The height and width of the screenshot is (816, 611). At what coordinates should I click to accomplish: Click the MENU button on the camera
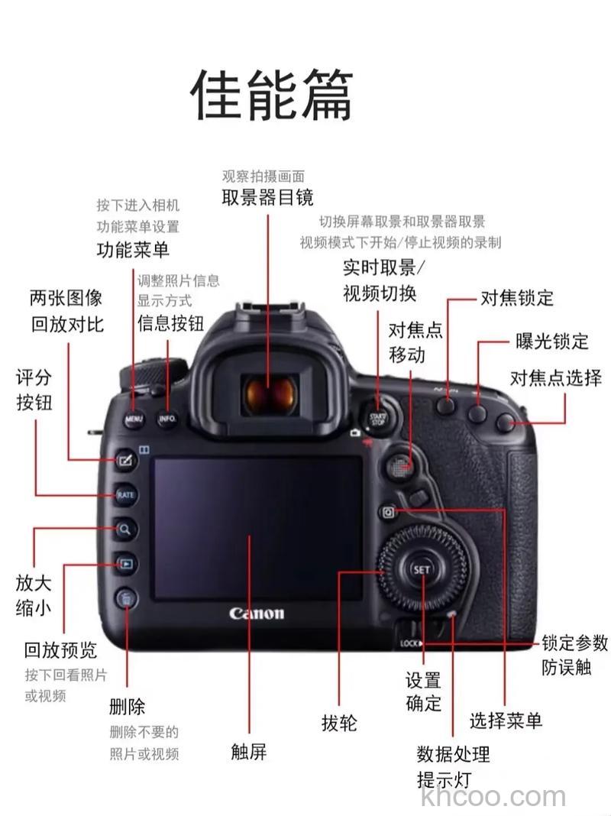[x=134, y=419]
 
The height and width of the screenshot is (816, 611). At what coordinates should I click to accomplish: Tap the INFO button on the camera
[x=166, y=419]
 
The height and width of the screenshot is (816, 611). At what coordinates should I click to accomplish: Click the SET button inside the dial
[x=422, y=570]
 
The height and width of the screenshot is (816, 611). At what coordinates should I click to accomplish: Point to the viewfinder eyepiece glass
[x=269, y=394]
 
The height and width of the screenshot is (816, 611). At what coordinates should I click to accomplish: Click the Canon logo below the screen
[x=257, y=614]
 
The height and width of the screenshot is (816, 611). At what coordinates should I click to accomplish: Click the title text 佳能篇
[x=272, y=96]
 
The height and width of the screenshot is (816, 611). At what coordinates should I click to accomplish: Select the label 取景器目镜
[x=267, y=197]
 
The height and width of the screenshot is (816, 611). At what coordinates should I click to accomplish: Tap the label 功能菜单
[x=133, y=249]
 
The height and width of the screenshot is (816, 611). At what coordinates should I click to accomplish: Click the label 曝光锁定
[x=552, y=341]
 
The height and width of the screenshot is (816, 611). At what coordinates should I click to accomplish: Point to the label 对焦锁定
[x=516, y=297]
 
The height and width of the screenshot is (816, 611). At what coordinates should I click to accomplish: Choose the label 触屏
[x=249, y=751]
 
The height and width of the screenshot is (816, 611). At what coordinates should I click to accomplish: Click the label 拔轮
[x=339, y=723]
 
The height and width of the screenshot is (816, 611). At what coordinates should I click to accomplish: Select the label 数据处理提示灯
[x=452, y=766]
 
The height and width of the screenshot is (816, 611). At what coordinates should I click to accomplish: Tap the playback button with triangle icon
[x=125, y=565]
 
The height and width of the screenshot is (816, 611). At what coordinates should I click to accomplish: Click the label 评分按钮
[x=34, y=389]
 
